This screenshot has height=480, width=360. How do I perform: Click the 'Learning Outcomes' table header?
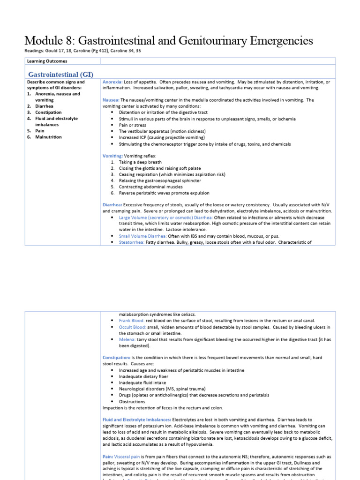coord(47,61)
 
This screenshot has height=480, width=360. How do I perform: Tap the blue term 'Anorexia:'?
coord(113,82)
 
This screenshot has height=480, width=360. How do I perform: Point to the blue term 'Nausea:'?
coord(111,100)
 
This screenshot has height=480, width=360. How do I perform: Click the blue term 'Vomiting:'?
coord(112,156)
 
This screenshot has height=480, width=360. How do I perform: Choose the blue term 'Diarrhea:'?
coord(112,205)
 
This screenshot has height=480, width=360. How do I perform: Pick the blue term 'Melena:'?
coord(127,339)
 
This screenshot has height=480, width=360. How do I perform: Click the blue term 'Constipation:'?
coord(117,358)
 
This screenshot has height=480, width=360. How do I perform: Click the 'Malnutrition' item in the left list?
coord(48,137)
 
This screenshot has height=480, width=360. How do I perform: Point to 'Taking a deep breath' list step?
coord(140,162)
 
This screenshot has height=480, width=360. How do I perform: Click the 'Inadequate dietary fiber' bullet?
coord(143,376)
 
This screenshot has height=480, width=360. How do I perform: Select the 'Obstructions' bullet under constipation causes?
coord(132,401)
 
